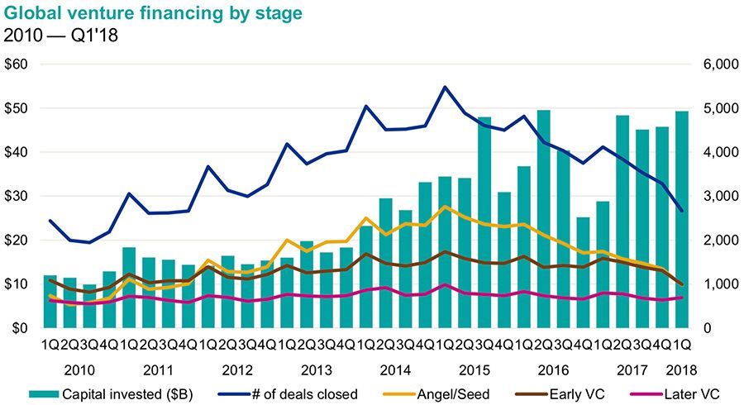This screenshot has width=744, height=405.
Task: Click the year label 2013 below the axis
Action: (317, 369)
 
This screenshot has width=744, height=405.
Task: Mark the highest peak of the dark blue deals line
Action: (445, 87)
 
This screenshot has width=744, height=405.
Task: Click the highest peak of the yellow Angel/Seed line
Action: (445, 207)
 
